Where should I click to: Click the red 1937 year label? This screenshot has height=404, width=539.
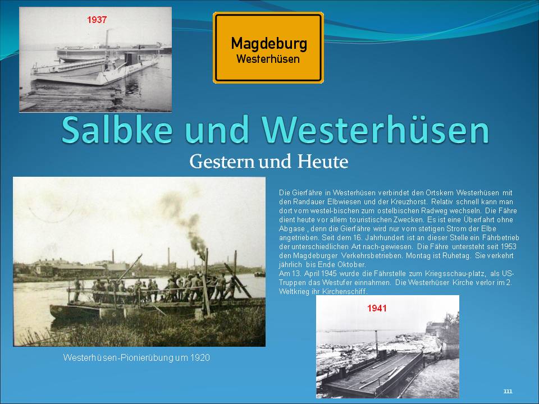[97, 20]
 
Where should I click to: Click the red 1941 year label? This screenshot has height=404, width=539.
[377, 308]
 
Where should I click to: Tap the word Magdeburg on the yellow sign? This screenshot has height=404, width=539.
[269, 44]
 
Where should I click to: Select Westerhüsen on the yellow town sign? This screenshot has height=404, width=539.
[268, 59]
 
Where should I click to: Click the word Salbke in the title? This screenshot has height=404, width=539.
[117, 130]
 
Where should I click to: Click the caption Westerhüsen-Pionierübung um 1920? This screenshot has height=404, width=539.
[136, 357]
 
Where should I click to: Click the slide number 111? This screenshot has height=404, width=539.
[508, 391]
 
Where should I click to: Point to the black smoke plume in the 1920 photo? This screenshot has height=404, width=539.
[188, 223]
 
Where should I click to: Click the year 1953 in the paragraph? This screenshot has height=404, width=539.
[509, 247]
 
